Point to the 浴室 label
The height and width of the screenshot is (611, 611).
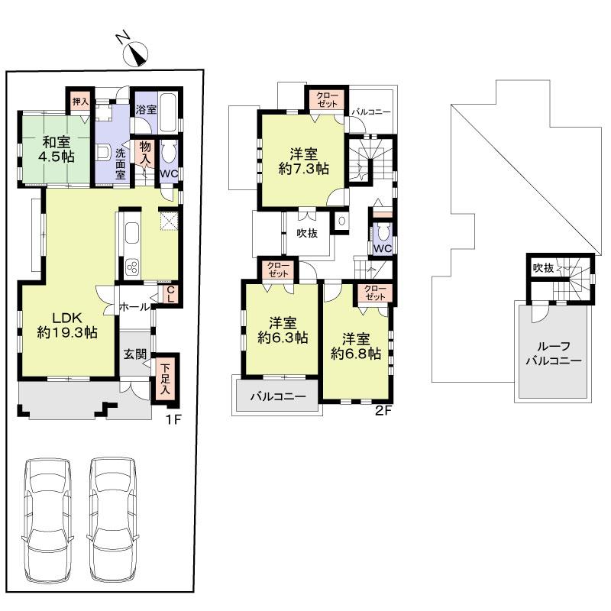pos(146,109)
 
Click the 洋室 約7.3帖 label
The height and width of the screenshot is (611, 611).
pos(304,160)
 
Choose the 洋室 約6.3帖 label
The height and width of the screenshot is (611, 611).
pos(283,329)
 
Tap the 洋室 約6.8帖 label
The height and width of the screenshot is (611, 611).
pos(355,345)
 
